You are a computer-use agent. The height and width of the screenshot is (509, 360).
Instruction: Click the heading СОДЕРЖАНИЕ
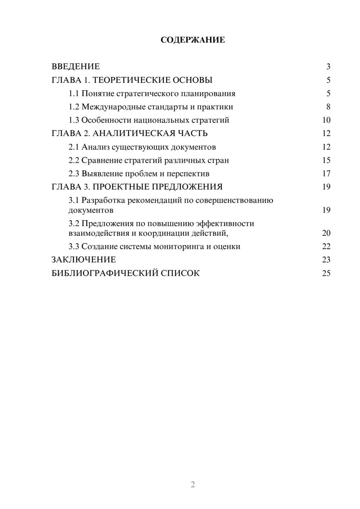(x=193, y=40)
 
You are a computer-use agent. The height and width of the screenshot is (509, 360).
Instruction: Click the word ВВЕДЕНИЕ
(x=76, y=67)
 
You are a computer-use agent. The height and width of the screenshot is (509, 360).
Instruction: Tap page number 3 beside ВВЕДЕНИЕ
(x=328, y=67)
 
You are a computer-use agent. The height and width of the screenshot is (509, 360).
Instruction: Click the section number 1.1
(x=73, y=94)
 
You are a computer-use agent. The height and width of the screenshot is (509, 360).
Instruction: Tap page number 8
(x=328, y=107)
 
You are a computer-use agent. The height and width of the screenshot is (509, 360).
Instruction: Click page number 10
(x=326, y=120)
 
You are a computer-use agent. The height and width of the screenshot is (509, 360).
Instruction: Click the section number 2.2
(x=73, y=161)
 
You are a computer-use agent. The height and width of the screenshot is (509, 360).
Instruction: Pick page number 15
(x=326, y=161)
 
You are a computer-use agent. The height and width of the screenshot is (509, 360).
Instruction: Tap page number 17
(x=326, y=174)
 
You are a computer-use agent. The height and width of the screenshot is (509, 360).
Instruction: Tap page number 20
(x=326, y=233)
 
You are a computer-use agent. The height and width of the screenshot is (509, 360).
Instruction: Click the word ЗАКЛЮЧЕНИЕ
(x=84, y=260)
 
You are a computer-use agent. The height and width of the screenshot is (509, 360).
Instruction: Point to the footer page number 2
(x=193, y=485)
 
